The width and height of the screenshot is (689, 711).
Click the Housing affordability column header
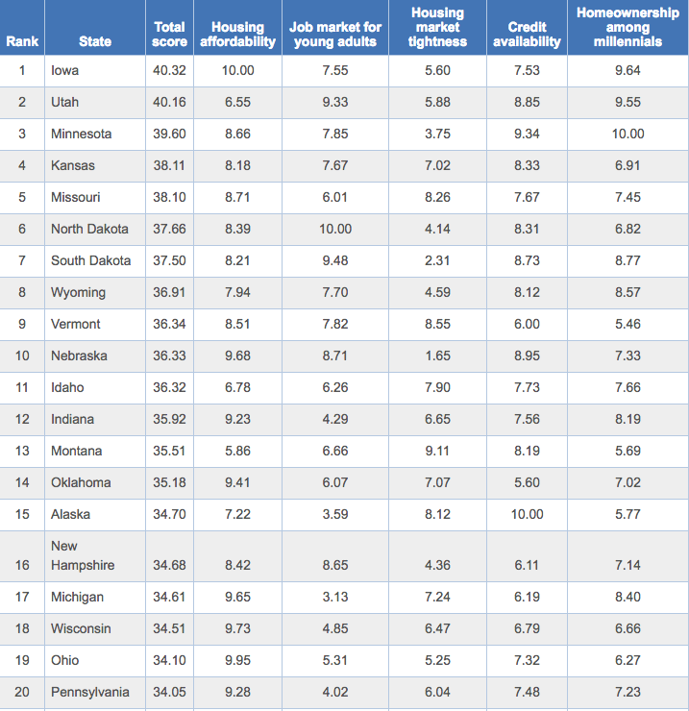click(237, 35)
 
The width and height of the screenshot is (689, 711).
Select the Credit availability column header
click(527, 35)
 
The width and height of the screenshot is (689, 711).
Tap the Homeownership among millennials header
click(627, 27)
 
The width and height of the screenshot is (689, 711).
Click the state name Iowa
click(65, 70)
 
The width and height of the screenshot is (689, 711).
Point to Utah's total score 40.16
click(170, 102)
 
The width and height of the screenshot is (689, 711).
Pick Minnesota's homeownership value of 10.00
click(627, 134)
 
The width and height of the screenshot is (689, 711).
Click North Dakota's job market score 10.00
click(335, 229)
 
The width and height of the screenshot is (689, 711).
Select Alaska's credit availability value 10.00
click(527, 514)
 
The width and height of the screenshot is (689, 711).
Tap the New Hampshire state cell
click(83, 555)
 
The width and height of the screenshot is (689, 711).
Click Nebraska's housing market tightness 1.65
click(437, 355)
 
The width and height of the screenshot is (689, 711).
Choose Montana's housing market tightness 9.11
click(437, 451)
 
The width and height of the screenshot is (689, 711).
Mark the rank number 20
click(22, 692)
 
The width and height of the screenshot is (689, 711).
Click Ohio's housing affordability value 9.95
click(237, 660)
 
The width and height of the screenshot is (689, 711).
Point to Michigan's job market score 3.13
click(335, 597)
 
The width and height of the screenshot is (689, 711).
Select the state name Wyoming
click(78, 292)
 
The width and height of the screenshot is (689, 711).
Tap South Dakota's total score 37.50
click(170, 260)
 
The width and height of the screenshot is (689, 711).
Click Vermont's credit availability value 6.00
click(527, 324)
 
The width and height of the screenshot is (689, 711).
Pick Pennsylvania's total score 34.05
click(170, 692)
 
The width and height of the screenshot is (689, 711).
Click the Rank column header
click(22, 41)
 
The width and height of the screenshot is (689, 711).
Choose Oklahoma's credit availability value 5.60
click(527, 482)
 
